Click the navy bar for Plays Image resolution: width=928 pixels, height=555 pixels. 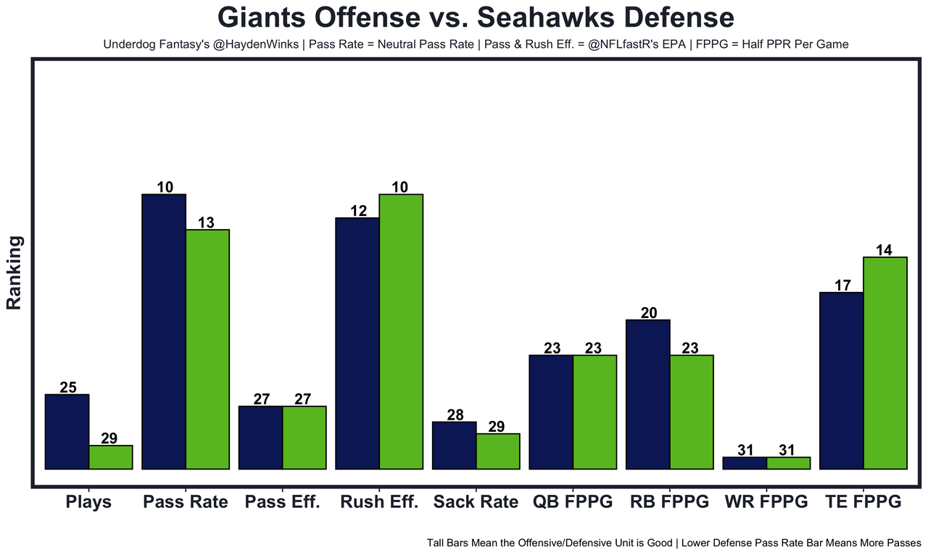click(67, 432)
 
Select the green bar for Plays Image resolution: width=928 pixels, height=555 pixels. click(111, 457)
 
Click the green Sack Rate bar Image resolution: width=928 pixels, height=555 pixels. click(498, 451)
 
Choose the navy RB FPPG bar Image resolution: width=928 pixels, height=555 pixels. click(648, 394)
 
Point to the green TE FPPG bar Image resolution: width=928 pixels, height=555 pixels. click(885, 363)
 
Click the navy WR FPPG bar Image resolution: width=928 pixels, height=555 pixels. click(745, 463)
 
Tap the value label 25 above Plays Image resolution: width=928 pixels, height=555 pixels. click(68, 388)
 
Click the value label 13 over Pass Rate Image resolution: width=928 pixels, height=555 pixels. click(206, 223)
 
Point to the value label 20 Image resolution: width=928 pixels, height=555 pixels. click(649, 313)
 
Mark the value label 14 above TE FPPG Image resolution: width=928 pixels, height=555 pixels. click(884, 250)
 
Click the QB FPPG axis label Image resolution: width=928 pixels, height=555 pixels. click(573, 502)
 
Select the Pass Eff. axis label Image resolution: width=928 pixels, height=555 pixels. click(282, 502)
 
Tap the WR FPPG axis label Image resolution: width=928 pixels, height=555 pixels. click(766, 502)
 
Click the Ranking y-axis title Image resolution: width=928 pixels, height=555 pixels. click(14, 273)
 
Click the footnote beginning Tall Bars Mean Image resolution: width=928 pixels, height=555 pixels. click(674, 542)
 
